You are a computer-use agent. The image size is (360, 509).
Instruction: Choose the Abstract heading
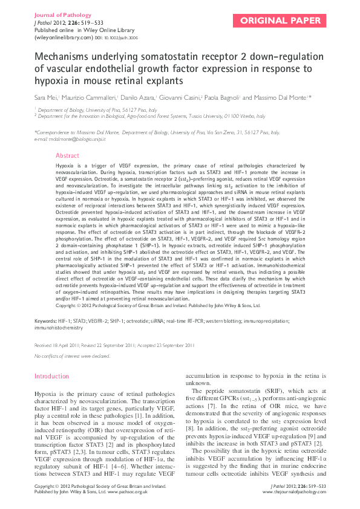pos(67,155)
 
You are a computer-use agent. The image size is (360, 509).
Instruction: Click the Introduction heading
pos(51,376)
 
